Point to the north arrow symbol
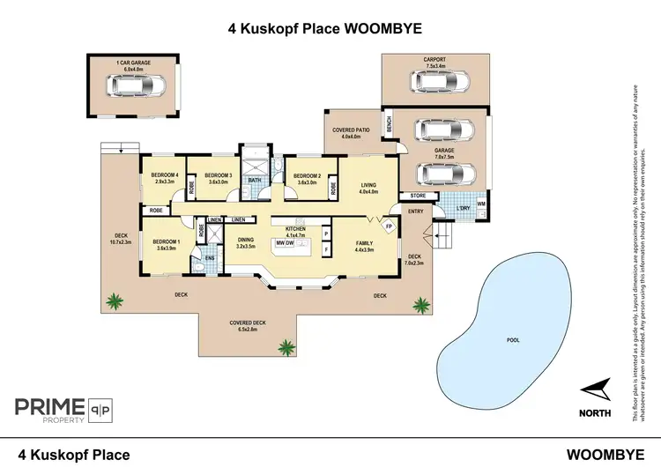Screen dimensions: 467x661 tap(595, 389)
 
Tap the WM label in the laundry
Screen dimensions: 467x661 tap(480, 204)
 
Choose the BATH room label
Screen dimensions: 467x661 tap(255, 182)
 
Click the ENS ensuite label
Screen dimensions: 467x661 tap(211, 258)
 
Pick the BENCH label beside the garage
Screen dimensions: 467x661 tap(387, 127)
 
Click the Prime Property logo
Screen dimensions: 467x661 tap(66, 411)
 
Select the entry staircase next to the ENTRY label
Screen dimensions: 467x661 tap(441, 236)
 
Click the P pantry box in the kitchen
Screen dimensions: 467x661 tap(326, 234)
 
